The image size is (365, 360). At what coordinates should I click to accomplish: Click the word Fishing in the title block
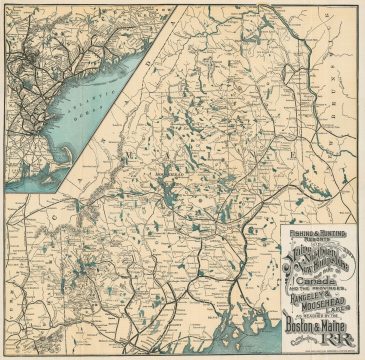click(x=289, y=234)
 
